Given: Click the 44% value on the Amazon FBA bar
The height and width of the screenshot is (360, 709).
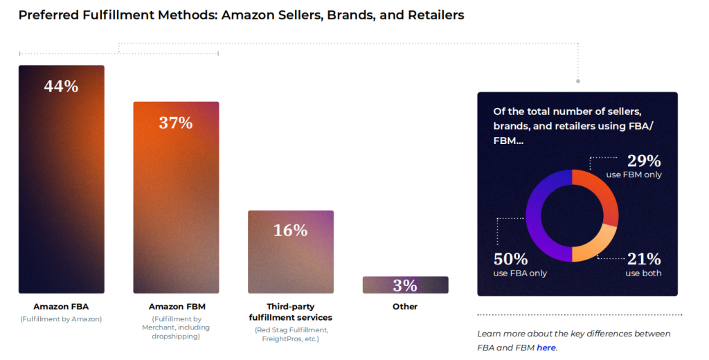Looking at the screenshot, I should tap(61, 87).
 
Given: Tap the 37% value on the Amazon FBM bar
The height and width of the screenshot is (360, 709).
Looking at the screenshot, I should tap(176, 123).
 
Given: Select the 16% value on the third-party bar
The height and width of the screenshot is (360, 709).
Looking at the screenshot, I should tap(290, 231).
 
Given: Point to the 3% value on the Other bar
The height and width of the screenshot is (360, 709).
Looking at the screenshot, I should tap(405, 285).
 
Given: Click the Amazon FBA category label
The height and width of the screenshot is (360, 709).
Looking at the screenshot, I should tap(61, 306).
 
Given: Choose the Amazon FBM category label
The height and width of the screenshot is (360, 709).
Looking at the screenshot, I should tap(177, 306).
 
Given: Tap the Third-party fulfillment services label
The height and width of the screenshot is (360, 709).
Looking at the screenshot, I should tap(290, 312).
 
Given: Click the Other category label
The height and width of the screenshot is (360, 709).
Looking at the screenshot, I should tap(405, 306).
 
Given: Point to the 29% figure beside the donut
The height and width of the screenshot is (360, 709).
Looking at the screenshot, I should tap(644, 161).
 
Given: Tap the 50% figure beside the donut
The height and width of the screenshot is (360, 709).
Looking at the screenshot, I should tap(510, 259).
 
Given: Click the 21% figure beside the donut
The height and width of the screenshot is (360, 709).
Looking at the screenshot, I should tap(644, 259).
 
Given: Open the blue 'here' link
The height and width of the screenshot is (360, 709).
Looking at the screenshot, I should tap(546, 348).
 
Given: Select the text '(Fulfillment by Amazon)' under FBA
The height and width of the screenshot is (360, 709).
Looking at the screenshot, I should tap(61, 319).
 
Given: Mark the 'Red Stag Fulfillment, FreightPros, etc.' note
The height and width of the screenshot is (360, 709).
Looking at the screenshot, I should tap(290, 334).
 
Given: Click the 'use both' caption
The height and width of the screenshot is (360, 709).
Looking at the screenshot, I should tap(643, 273).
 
